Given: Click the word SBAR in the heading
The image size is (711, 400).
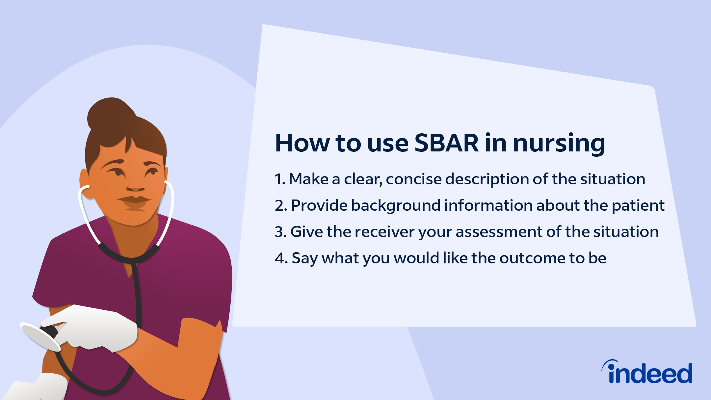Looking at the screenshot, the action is [x=446, y=143].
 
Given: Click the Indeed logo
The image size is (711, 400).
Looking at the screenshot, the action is [x=647, y=372].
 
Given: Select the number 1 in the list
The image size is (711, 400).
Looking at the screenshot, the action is [x=278, y=179].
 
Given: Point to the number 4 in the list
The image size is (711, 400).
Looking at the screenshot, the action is [x=279, y=258].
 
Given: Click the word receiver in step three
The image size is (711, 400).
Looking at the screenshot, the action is [x=384, y=232].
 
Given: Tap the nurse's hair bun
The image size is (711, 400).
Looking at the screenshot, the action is [x=110, y=114].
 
